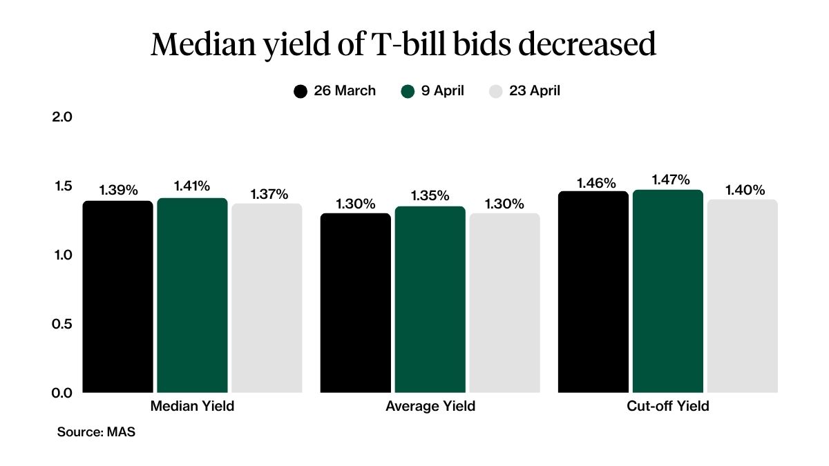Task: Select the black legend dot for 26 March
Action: click(x=301, y=91)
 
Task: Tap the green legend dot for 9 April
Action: click(x=408, y=91)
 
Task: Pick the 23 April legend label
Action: click(x=534, y=91)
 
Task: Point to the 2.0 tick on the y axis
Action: click(x=62, y=117)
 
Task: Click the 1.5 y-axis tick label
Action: click(x=62, y=186)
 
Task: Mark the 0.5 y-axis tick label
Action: click(x=62, y=324)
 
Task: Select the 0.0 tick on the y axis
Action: click(x=62, y=392)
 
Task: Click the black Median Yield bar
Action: click(x=117, y=297)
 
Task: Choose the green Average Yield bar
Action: click(x=430, y=300)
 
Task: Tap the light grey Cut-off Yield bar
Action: click(x=742, y=297)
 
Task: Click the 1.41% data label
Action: click(x=192, y=186)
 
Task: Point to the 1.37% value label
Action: click(x=267, y=194)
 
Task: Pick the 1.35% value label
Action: click(x=430, y=195)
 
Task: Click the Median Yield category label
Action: click(x=192, y=407)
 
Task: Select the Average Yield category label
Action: click(x=430, y=407)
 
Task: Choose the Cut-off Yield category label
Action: click(x=667, y=407)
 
